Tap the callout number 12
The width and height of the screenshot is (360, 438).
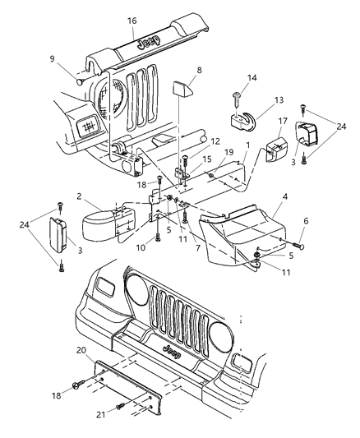(214, 141)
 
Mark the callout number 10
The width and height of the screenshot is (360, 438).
(141, 247)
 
